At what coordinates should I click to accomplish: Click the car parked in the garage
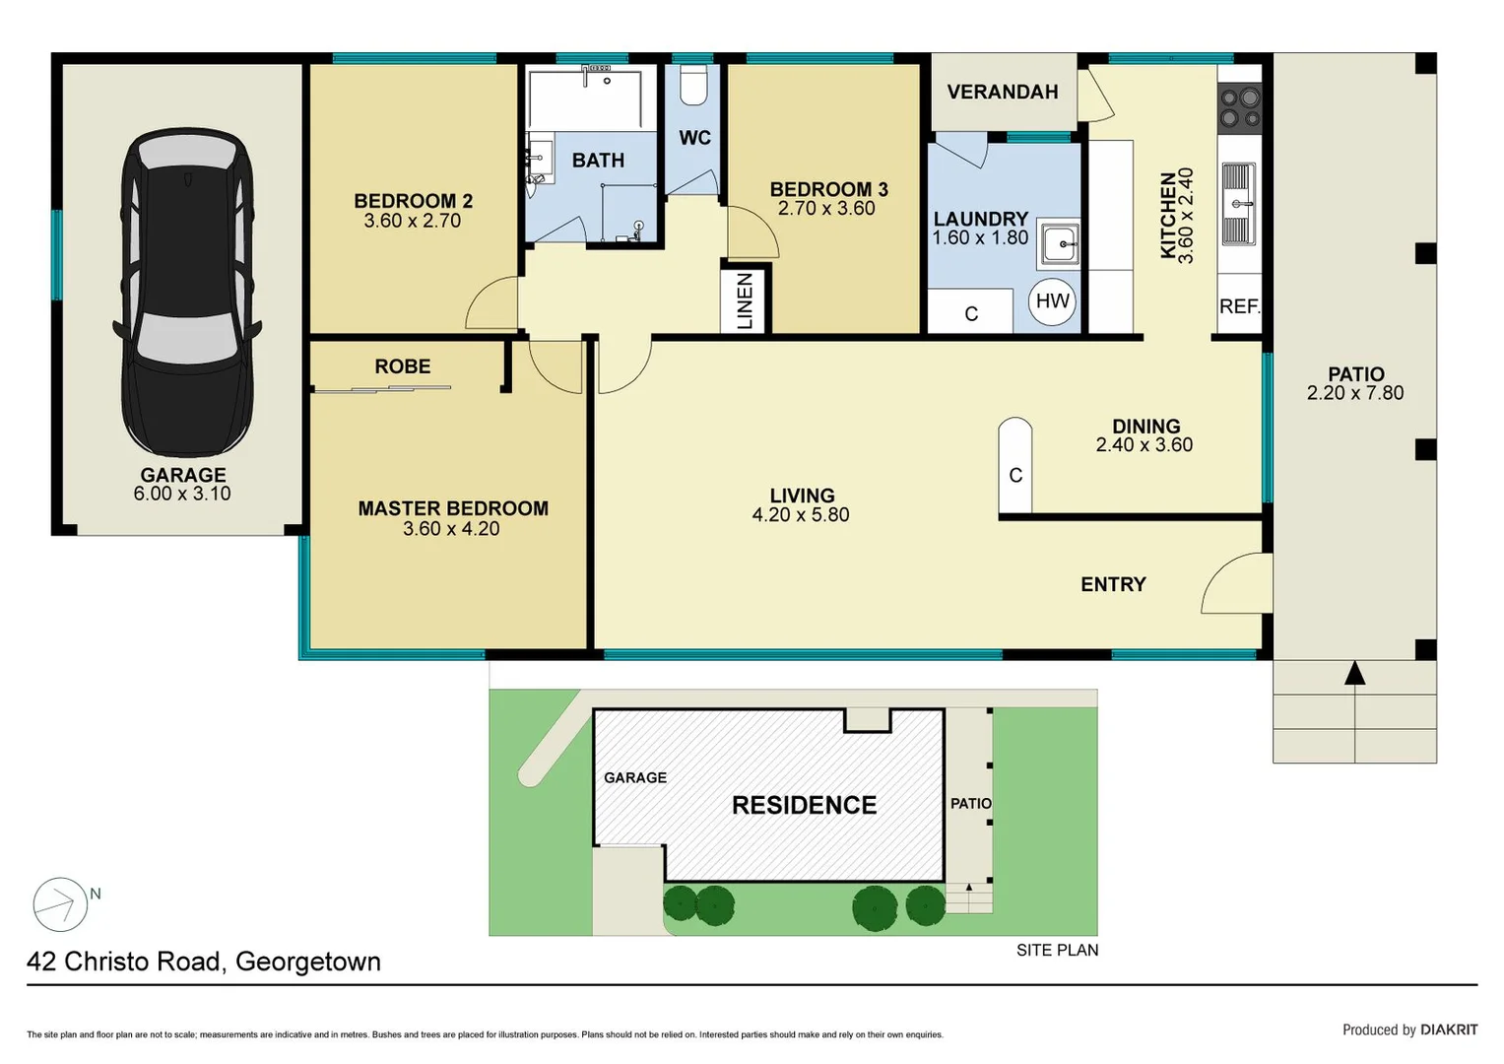coord(186,293)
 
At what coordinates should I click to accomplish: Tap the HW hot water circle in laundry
coord(1052,301)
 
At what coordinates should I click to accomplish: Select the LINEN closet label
coord(745,301)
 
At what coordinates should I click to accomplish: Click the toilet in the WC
coord(693,86)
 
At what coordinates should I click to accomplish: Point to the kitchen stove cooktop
coord(1240,108)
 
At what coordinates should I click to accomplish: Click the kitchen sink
coord(1239,204)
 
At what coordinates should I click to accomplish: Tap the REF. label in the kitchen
coord(1239,306)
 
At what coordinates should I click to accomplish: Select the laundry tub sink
coord(1060,243)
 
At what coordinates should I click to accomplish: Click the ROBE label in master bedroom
coord(402,366)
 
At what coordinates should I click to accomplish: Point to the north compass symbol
coord(61,903)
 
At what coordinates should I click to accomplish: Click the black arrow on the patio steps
coord(1355,674)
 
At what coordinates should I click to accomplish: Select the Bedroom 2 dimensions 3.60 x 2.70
coord(412,222)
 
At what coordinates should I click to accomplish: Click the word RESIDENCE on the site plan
coord(804,805)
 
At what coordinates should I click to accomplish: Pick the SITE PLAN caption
coord(1057,950)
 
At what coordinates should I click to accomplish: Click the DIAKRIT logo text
coord(1448,1030)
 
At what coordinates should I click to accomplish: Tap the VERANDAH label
coord(1002,92)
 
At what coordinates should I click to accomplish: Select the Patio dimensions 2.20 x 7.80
coord(1354,393)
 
